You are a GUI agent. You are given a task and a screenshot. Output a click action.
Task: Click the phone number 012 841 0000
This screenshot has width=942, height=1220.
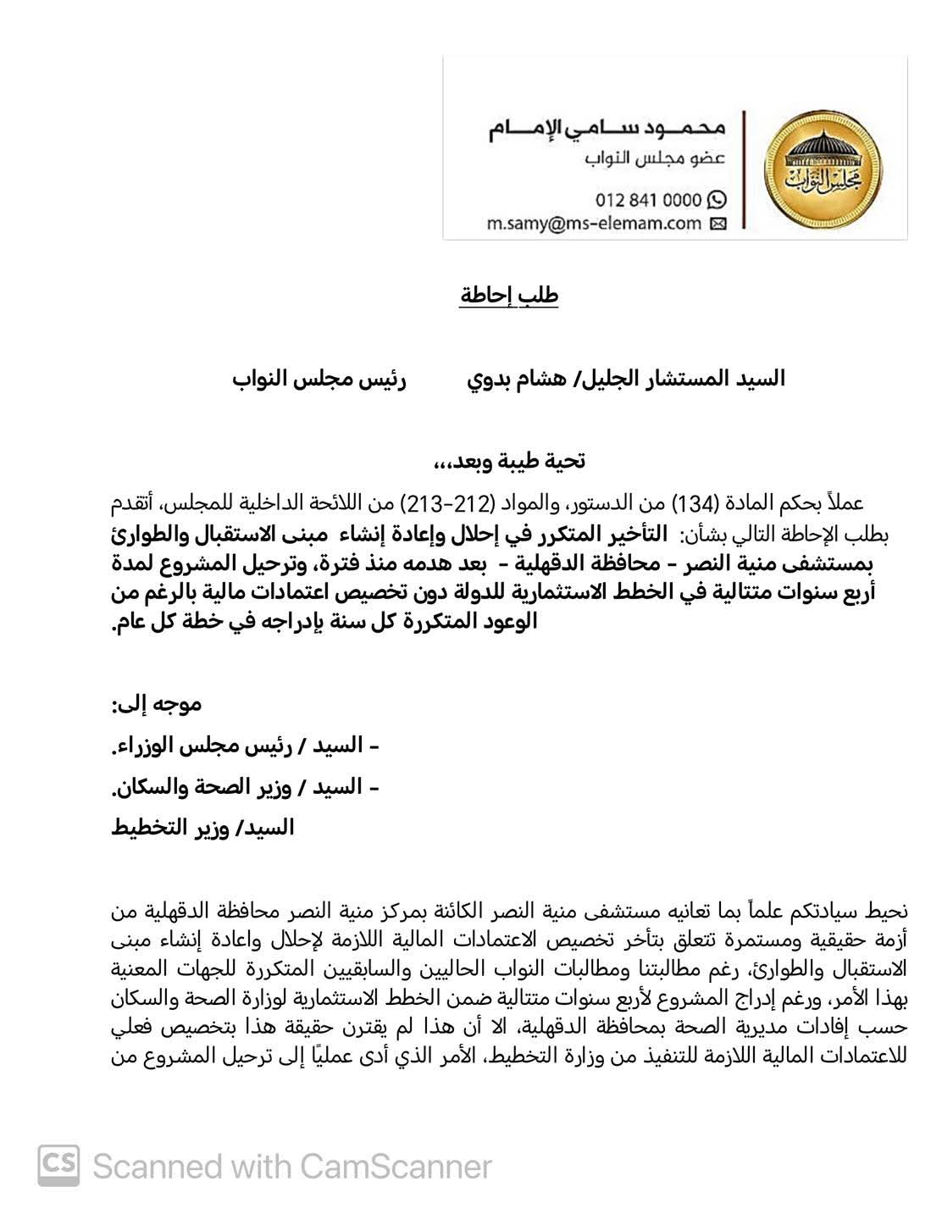click(648, 200)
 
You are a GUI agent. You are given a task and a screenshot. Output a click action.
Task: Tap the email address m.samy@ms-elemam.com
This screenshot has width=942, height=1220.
click(594, 224)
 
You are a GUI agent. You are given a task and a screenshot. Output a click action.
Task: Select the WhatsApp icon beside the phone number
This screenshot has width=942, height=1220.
click(717, 200)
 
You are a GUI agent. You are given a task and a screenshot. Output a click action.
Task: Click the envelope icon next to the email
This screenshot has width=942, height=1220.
click(717, 224)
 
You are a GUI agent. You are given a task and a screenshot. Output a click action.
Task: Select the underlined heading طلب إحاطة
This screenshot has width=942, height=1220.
click(509, 296)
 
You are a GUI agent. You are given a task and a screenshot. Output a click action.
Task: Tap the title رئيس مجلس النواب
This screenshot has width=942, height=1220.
click(319, 379)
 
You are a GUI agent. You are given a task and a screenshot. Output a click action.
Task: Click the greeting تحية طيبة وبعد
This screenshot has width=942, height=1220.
click(509, 461)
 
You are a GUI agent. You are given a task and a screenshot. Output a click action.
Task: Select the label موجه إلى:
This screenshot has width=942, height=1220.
click(157, 703)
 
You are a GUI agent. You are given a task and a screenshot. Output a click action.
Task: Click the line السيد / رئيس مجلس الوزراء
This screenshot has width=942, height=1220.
click(245, 746)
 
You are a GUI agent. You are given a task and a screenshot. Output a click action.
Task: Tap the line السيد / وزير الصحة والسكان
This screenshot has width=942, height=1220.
click(245, 787)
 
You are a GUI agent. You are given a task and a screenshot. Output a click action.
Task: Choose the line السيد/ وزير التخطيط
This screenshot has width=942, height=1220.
click(202, 828)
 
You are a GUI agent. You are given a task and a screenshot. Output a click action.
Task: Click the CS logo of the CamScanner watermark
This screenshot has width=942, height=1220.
click(58, 1166)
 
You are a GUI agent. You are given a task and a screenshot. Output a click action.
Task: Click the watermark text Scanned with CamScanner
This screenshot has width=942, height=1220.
click(292, 1167)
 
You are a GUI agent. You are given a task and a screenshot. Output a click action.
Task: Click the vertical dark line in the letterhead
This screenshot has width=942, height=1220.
click(745, 169)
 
